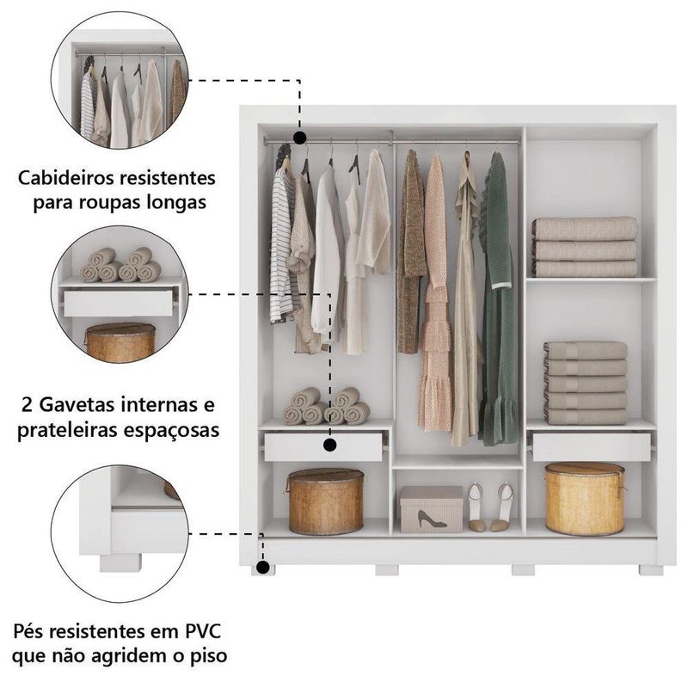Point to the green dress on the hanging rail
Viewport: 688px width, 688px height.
[499, 301]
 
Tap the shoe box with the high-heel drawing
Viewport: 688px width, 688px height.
[431, 509]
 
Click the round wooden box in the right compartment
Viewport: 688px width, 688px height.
[584, 498]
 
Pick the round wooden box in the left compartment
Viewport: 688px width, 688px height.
[325, 501]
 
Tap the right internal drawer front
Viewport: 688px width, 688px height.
[591, 446]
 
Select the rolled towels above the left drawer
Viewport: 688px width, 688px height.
[326, 407]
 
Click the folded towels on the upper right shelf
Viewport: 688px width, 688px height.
[584, 246]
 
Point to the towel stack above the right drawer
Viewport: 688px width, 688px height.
[585, 383]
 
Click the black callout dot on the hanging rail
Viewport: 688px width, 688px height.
[299, 138]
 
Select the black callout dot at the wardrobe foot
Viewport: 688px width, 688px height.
[261, 568]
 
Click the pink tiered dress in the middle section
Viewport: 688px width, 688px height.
[435, 301]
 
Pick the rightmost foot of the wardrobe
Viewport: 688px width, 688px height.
[650, 569]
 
